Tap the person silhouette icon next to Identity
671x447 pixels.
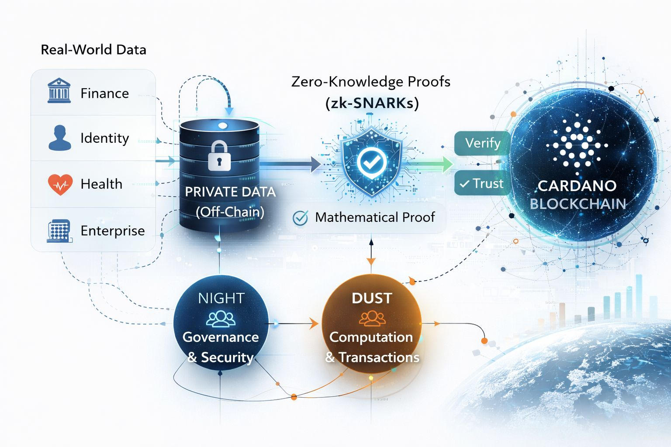[x=59, y=138]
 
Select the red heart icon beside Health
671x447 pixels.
[x=60, y=184]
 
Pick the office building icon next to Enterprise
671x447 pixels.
[x=59, y=230]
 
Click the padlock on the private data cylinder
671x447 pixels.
[x=219, y=156]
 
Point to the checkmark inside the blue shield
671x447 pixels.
[x=371, y=162]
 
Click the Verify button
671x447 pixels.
[x=482, y=143]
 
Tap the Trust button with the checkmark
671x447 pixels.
[x=481, y=183]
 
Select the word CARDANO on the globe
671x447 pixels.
[x=577, y=186]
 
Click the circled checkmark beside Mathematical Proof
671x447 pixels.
[x=300, y=217]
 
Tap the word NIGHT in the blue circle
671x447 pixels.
[x=221, y=298]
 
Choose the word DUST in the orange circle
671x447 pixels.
[x=372, y=298]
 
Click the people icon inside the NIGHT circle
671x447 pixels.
[x=221, y=319]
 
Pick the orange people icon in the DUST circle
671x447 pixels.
[x=372, y=319]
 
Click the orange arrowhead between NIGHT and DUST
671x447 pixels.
[x=314, y=324]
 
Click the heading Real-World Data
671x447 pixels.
[x=93, y=50]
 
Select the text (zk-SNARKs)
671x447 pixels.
[x=372, y=103]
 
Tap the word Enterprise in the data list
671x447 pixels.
[x=112, y=230]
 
